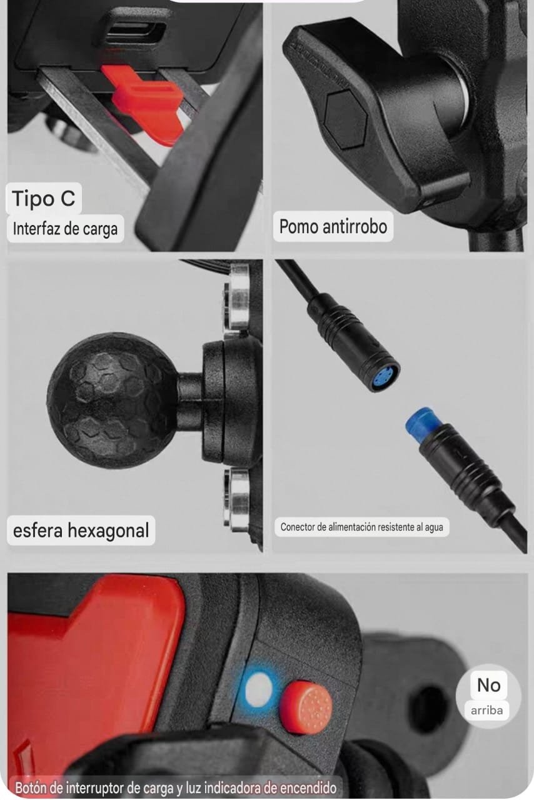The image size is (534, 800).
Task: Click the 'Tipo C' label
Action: (x=44, y=199)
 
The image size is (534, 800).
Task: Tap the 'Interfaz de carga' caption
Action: (x=65, y=229)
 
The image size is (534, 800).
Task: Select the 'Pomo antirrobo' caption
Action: (x=333, y=226)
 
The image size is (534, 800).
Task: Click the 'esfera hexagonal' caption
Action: (x=81, y=531)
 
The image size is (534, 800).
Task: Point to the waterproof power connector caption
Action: (x=361, y=527)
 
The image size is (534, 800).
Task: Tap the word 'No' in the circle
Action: (x=488, y=685)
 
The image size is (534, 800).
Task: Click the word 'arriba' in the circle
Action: (x=487, y=710)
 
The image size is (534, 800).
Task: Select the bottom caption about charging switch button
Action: (x=176, y=787)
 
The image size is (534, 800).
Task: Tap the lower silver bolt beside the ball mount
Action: (x=237, y=500)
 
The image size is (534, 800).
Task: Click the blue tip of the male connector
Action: (x=421, y=422)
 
